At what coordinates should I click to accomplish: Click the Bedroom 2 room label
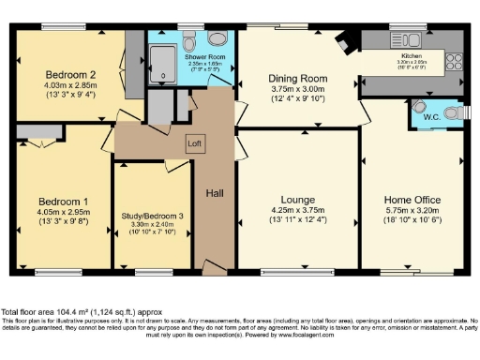click(65, 74)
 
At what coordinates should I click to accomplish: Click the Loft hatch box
click(194, 143)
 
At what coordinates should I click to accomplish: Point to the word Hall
click(215, 193)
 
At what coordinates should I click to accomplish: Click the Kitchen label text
click(413, 56)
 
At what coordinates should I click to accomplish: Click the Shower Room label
click(205, 57)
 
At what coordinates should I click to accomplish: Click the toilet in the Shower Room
click(217, 39)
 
